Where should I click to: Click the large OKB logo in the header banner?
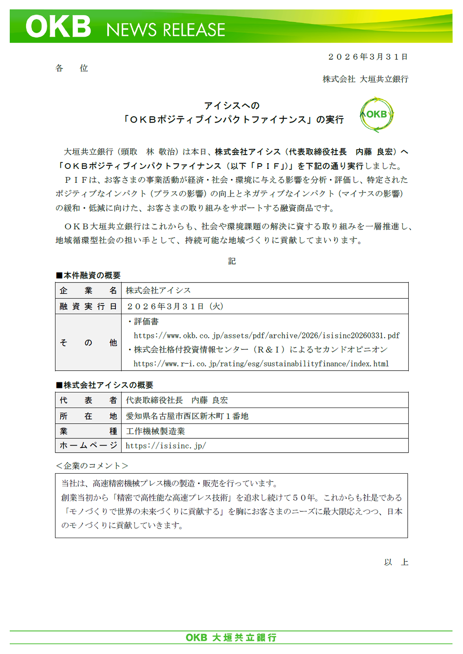point(58,27)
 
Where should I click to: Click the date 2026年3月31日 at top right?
point(368,57)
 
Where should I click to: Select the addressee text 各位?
point(72,68)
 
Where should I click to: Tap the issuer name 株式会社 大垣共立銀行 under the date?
point(365,79)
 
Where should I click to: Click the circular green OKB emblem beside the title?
point(376,115)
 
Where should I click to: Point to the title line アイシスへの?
point(232,106)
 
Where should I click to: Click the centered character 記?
point(232,261)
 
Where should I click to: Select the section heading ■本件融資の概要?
point(88,275)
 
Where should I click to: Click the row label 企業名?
point(88,291)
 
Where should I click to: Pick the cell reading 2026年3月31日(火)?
point(175,306)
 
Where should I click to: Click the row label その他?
point(88,343)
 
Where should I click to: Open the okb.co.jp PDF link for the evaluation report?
point(266,336)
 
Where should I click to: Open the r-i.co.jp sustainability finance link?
point(261,364)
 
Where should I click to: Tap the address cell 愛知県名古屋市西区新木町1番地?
point(187,416)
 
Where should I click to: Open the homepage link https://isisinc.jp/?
point(166,446)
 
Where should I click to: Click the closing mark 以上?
point(396,562)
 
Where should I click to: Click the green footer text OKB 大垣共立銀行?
point(231,637)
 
